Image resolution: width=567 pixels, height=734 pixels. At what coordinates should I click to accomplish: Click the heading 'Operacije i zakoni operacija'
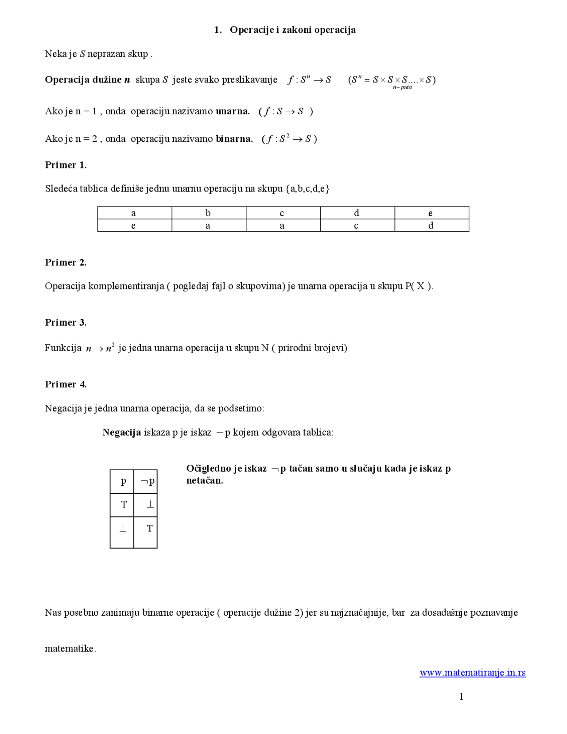click(x=292, y=30)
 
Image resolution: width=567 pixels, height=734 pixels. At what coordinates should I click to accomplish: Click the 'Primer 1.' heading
click(x=66, y=165)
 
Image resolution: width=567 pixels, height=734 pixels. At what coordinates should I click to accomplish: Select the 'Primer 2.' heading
click(x=66, y=262)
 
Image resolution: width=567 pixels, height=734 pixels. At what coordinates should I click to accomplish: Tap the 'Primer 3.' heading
click(x=66, y=322)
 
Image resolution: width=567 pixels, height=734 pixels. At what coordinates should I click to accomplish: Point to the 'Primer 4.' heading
click(x=66, y=384)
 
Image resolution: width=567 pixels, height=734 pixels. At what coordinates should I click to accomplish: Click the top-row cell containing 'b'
click(x=208, y=213)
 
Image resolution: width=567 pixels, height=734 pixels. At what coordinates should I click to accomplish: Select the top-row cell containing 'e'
click(x=431, y=213)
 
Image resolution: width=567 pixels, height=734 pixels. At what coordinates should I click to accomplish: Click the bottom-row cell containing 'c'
click(x=357, y=226)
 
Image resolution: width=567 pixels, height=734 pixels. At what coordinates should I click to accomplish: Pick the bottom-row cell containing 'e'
click(x=134, y=226)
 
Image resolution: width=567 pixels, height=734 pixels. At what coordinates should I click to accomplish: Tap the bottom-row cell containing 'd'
click(x=431, y=226)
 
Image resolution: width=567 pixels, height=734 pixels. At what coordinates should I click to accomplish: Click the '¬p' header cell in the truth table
click(x=146, y=481)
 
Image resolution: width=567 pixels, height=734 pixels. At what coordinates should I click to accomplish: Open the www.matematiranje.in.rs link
click(x=472, y=673)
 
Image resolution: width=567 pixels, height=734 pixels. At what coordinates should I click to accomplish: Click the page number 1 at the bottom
click(x=461, y=697)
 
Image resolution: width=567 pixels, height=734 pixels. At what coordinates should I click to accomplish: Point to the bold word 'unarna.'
click(x=233, y=111)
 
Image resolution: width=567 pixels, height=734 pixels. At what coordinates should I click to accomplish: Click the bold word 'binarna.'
click(x=234, y=139)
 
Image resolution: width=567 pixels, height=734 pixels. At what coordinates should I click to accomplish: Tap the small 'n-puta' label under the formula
click(x=402, y=87)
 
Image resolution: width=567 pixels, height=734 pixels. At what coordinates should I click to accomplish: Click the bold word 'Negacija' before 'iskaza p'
click(x=121, y=433)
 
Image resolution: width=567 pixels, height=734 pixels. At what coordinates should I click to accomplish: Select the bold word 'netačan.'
click(x=204, y=481)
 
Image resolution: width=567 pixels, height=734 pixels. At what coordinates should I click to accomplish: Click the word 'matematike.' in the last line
click(x=70, y=649)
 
